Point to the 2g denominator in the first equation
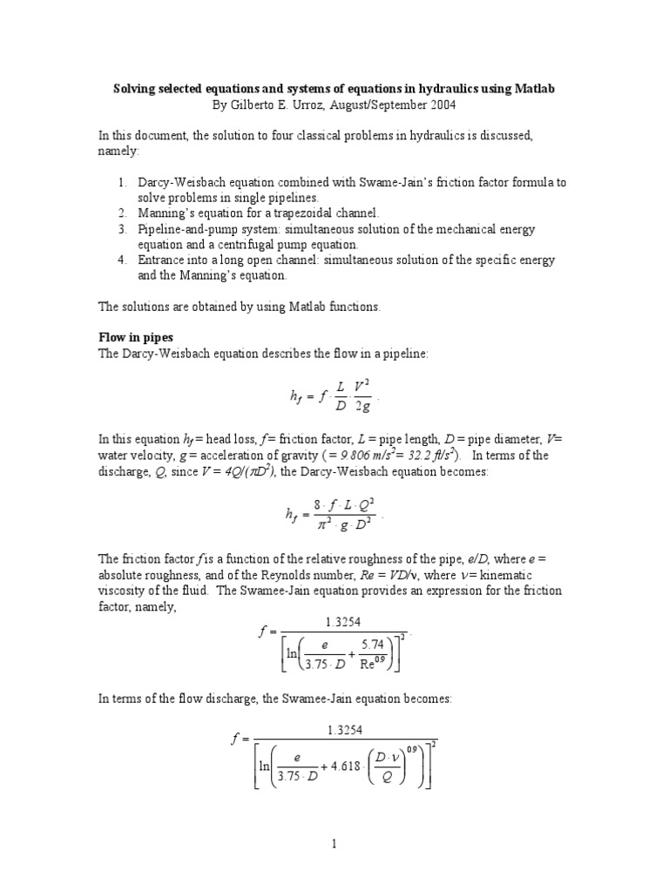pyautogui.click(x=362, y=408)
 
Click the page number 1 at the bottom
pyautogui.click(x=334, y=844)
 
